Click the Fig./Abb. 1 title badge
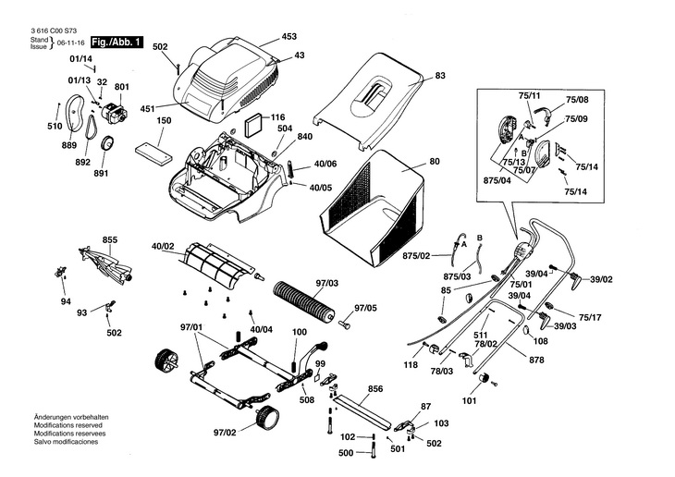(117, 43)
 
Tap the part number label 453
(288, 36)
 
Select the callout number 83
(440, 75)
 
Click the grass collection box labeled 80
(373, 208)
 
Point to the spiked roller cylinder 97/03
(304, 300)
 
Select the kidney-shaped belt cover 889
(75, 113)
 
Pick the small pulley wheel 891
(106, 142)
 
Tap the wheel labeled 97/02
(267, 417)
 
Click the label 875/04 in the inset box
(497, 180)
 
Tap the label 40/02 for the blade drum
(163, 246)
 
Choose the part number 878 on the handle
(536, 360)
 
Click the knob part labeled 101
(485, 378)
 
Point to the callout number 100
(300, 332)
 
